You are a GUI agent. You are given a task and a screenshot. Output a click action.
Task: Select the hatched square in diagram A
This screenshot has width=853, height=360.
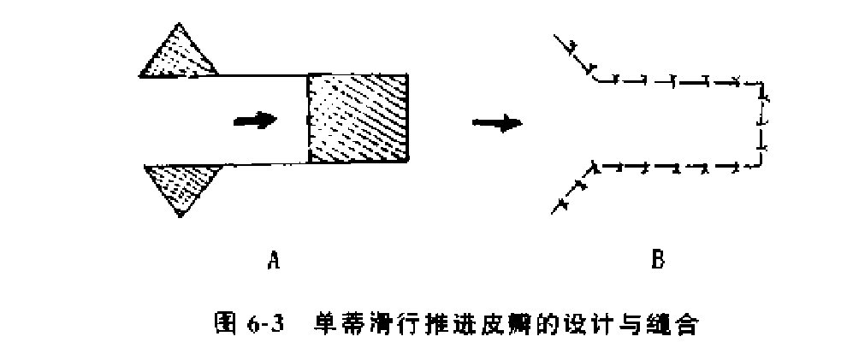pos(360,118)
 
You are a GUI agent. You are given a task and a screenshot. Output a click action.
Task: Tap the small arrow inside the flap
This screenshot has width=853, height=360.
pos(256,120)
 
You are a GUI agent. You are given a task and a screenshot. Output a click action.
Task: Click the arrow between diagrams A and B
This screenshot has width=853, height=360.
pos(497,123)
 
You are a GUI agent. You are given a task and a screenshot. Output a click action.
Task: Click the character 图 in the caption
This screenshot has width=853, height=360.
pos(224,324)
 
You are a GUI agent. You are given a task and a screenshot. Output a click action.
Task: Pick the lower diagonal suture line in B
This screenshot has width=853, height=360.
pos(574,187)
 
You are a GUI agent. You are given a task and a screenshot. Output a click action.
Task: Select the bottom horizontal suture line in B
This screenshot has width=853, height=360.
pos(676,164)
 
